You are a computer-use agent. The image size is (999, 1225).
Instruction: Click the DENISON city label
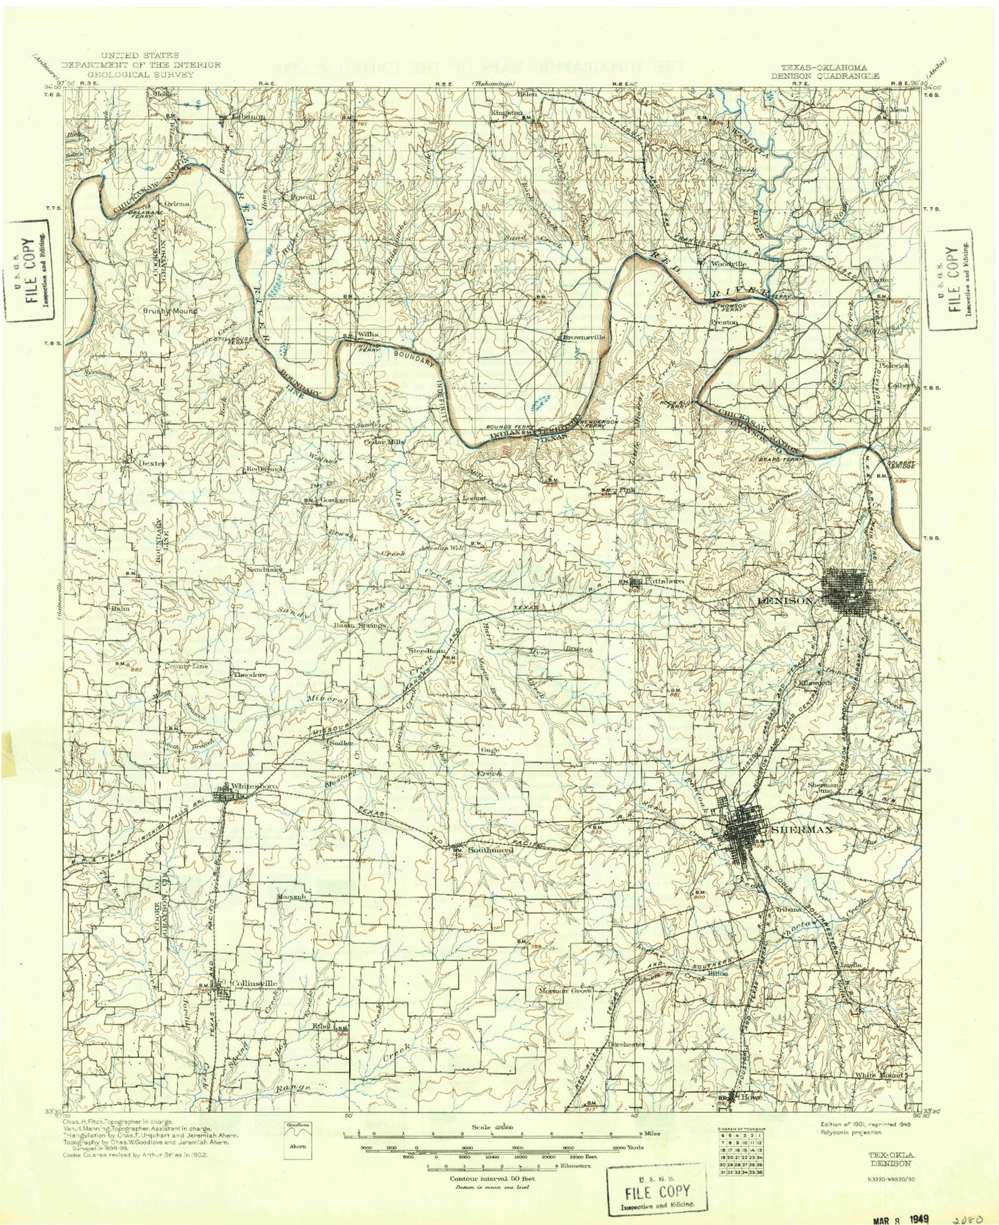[x=786, y=601]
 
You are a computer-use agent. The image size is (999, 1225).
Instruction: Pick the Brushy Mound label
[x=170, y=311]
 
